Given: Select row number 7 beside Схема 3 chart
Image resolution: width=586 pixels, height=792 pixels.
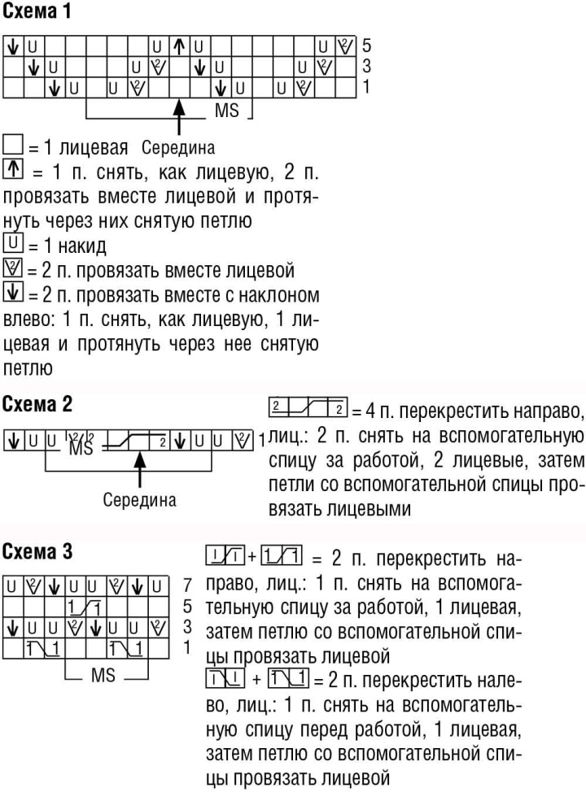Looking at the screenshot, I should click(x=187, y=585).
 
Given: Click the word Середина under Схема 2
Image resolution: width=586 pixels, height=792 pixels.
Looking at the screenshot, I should click(x=139, y=498).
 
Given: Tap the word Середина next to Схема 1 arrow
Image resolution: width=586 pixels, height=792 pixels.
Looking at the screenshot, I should click(x=177, y=148).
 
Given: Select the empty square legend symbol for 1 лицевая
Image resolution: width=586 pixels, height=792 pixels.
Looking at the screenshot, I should click(x=12, y=147).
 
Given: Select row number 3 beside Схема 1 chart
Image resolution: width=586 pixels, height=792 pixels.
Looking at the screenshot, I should click(x=366, y=65).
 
